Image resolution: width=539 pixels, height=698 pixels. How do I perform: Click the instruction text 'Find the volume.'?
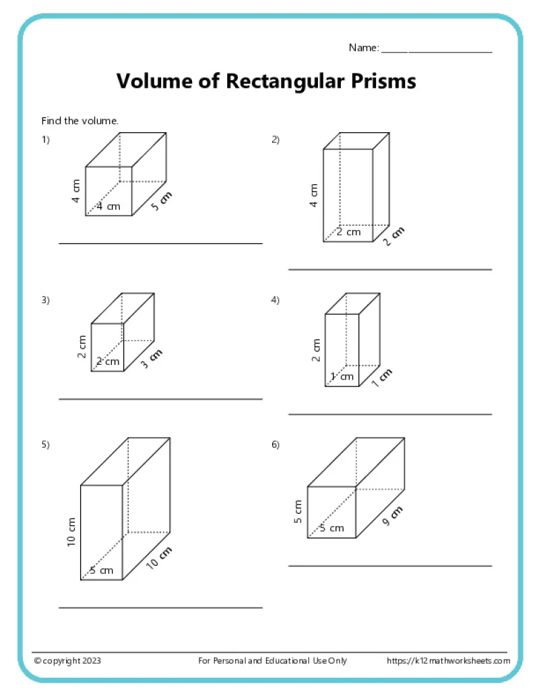80,121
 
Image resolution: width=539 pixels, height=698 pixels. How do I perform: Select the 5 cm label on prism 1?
161,202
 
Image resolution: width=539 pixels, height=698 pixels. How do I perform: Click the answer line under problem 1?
160,243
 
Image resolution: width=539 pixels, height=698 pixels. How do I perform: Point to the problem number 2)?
276,140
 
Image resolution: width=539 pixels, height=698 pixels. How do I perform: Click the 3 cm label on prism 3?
151,359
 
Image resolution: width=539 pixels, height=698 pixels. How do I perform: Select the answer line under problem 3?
160,399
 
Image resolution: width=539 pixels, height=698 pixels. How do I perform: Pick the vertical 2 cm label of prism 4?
316,349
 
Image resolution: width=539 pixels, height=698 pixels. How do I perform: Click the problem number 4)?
276,300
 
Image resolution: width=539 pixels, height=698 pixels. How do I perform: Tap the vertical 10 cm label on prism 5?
72,532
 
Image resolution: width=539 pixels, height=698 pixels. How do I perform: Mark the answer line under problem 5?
160,608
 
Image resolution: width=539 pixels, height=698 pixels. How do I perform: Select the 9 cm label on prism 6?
392,516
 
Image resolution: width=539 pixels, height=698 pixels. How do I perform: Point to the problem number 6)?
276,444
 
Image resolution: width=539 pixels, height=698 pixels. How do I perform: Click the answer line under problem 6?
390,566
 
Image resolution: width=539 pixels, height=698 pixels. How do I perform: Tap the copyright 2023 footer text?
68,661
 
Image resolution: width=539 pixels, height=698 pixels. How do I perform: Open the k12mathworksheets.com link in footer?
448,661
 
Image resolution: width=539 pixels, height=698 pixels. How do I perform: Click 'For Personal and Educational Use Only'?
273,661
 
